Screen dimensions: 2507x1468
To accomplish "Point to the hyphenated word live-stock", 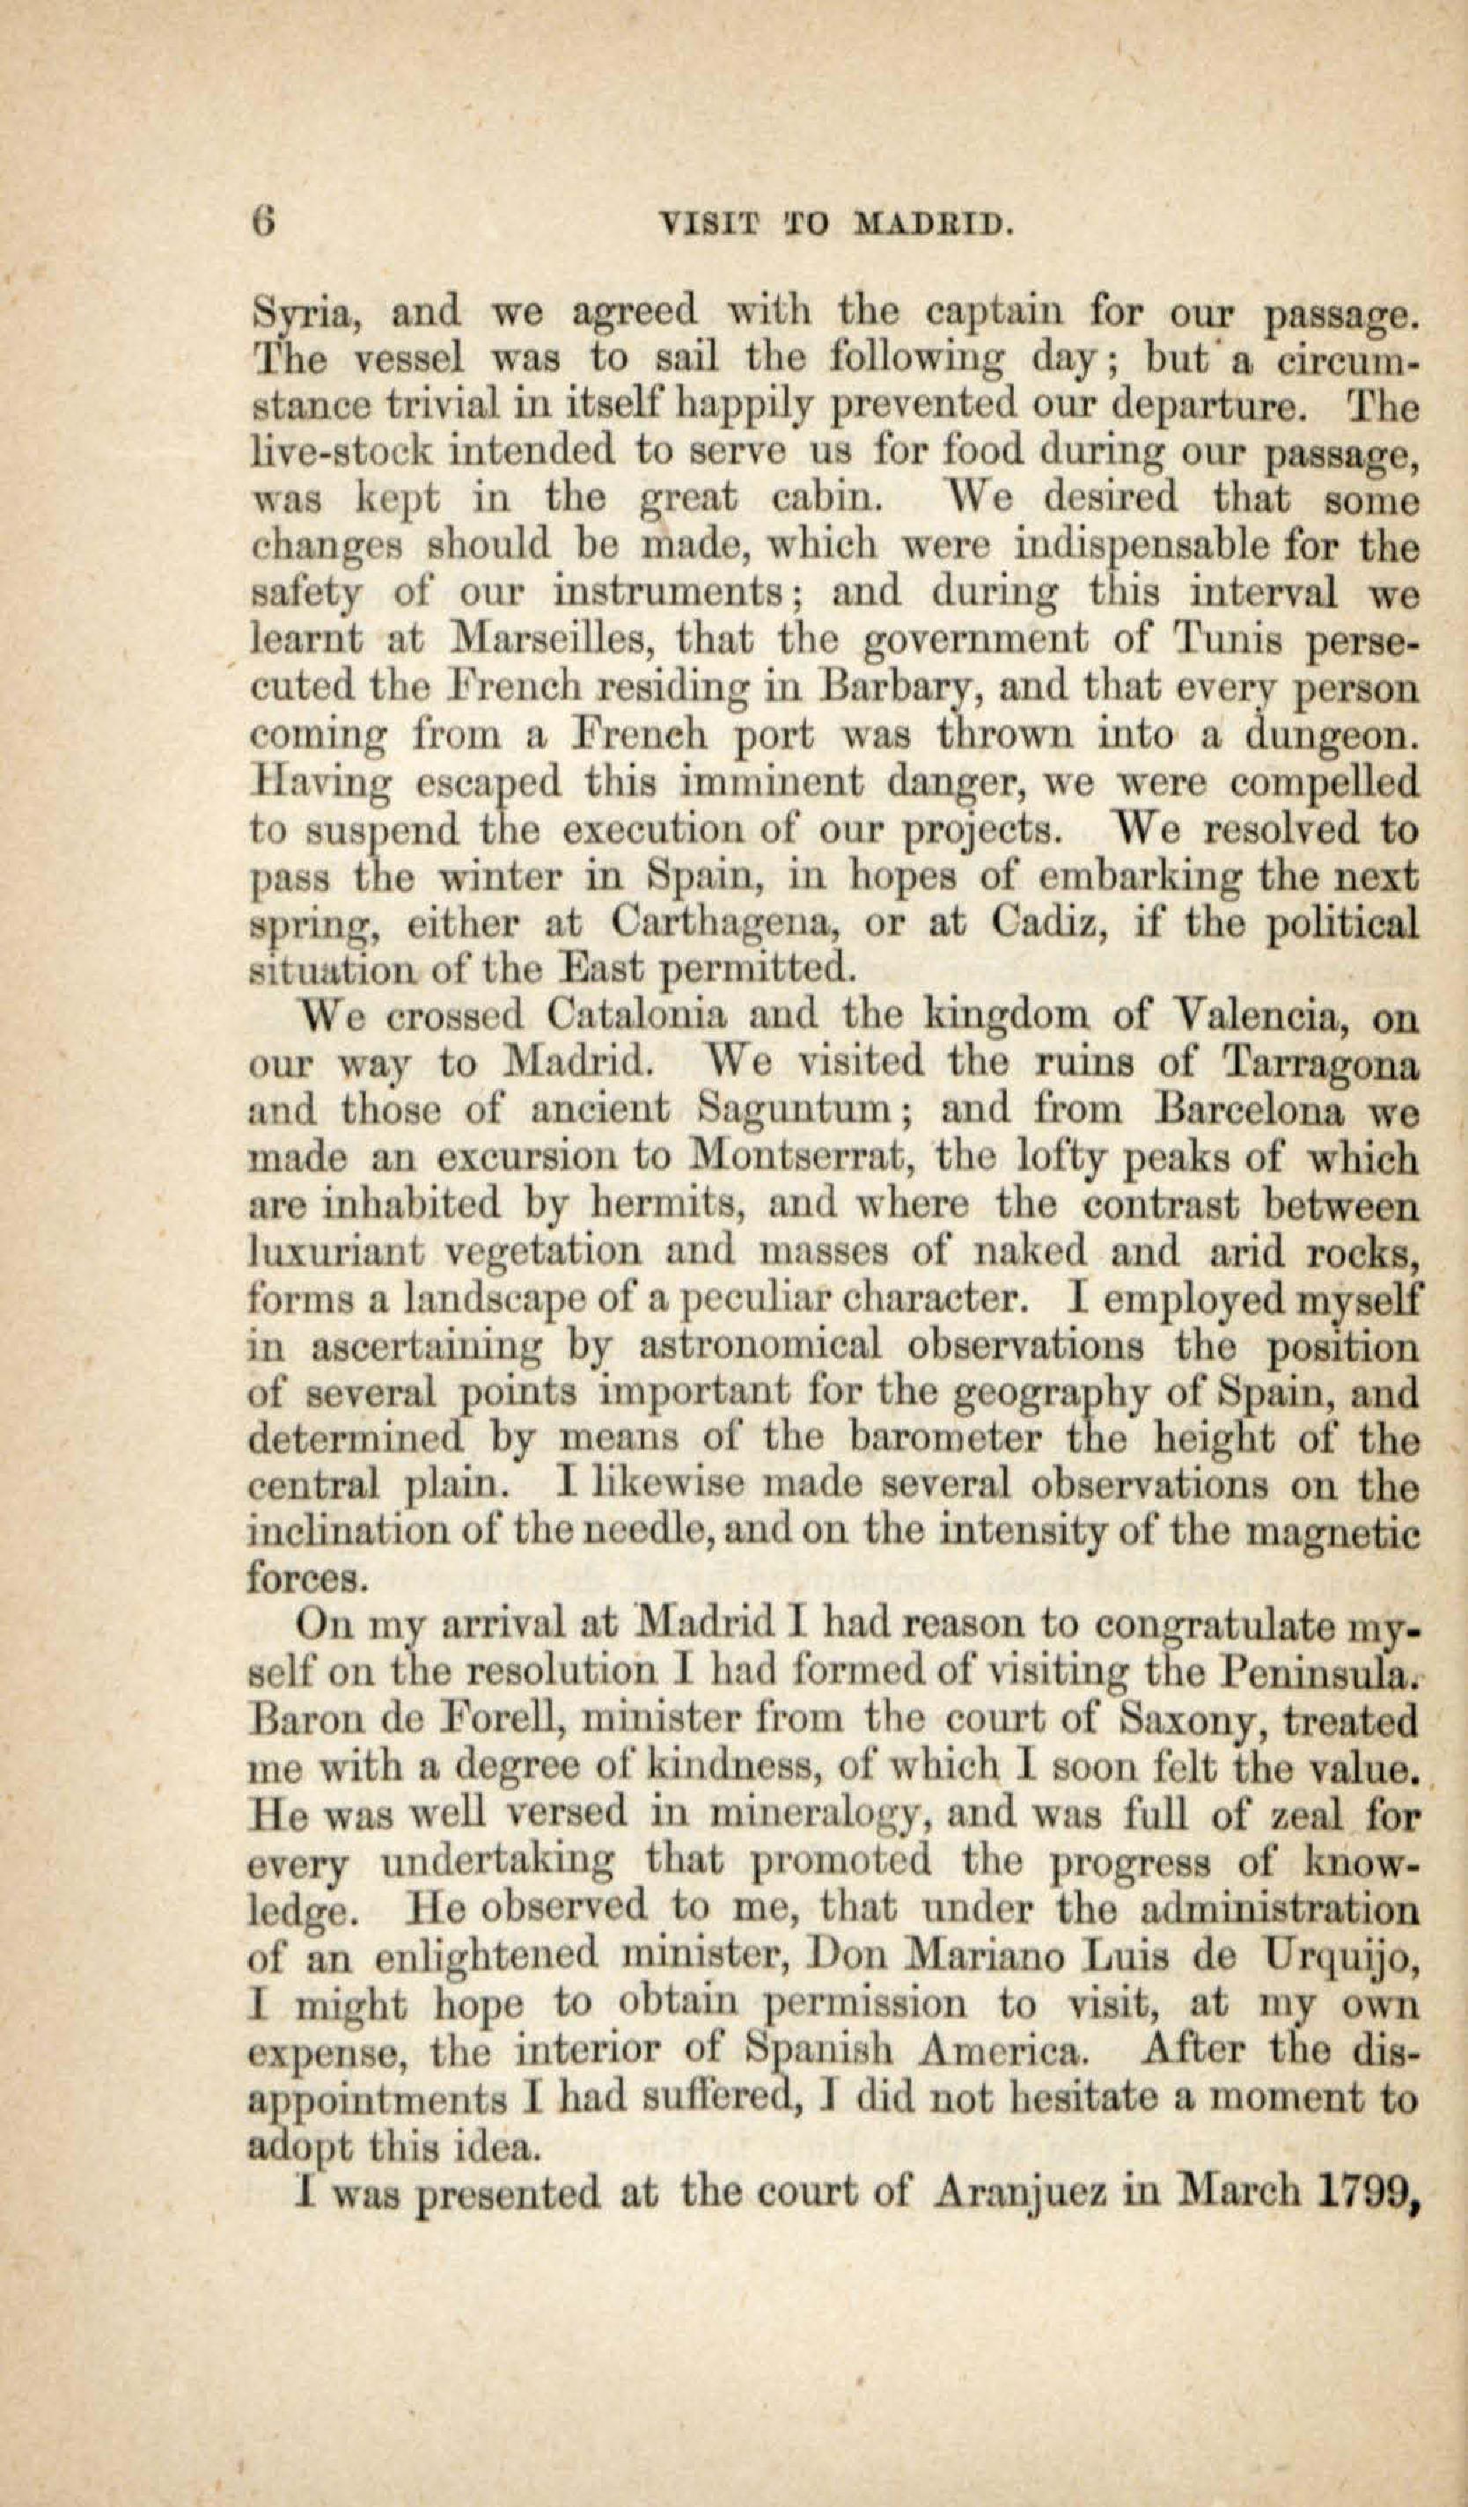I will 337,453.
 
